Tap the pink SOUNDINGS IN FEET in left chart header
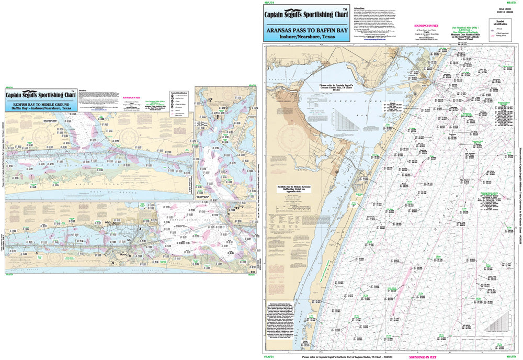[134, 97]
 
